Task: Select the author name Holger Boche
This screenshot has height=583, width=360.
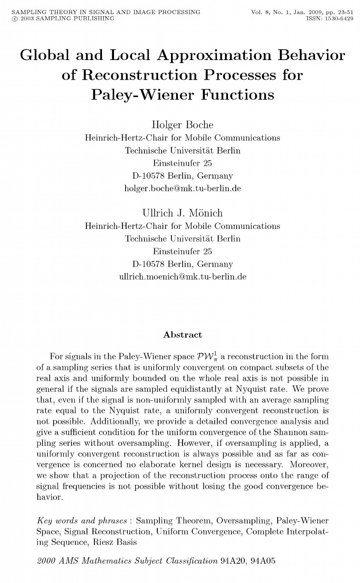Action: point(182,125)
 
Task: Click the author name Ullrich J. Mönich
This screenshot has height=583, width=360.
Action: point(182,213)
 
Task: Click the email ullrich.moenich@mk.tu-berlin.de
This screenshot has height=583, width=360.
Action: point(182,276)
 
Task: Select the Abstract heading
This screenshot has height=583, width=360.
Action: point(182,335)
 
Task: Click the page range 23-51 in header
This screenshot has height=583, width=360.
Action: point(342,12)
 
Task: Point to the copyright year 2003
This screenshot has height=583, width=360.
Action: point(25,18)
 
